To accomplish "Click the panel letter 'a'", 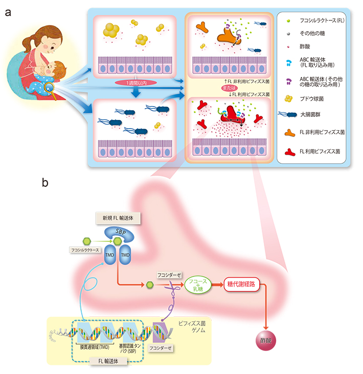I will (x=7, y=13).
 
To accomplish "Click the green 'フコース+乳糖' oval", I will (x=197, y=284).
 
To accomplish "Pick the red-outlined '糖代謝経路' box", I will (x=242, y=284).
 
